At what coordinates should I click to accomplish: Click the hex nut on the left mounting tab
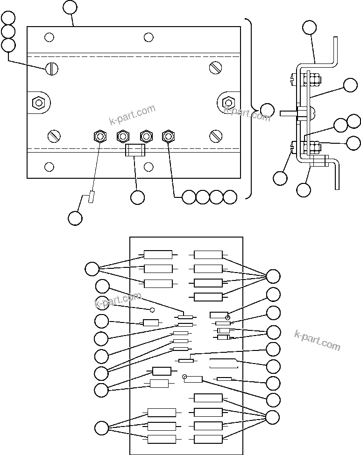(x=38, y=102)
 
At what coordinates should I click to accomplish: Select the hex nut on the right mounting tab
(x=228, y=102)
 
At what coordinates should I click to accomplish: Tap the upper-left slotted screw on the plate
(x=52, y=69)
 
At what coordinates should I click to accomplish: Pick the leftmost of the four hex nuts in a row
(x=99, y=136)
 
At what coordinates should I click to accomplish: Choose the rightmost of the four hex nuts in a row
(x=168, y=136)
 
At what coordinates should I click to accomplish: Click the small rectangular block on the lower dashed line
(x=135, y=150)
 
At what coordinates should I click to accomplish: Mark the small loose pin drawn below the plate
(x=91, y=197)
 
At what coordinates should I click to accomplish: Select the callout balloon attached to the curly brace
(x=267, y=111)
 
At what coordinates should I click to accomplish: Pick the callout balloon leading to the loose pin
(x=75, y=217)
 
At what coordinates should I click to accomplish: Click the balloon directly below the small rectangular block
(x=137, y=197)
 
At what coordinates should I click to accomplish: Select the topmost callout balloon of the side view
(x=309, y=27)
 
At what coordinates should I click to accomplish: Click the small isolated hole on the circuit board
(x=152, y=309)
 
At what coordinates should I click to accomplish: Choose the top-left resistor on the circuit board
(x=158, y=254)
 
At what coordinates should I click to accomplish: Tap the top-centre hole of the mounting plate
(x=149, y=37)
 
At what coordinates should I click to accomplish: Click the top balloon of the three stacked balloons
(x=8, y=18)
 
